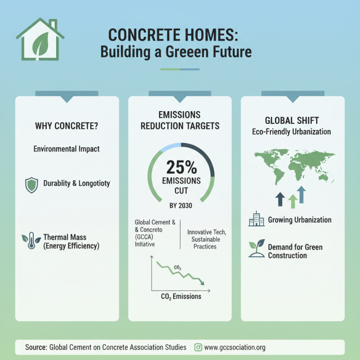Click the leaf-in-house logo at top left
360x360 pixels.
tap(40, 40)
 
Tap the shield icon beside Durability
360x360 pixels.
tap(31, 185)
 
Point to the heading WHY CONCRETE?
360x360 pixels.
tap(67, 126)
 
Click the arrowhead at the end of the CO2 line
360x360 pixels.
tap(202, 283)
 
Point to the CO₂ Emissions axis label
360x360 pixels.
tap(181, 297)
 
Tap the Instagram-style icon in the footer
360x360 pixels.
tap(198, 347)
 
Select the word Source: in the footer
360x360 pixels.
tap(36, 347)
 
